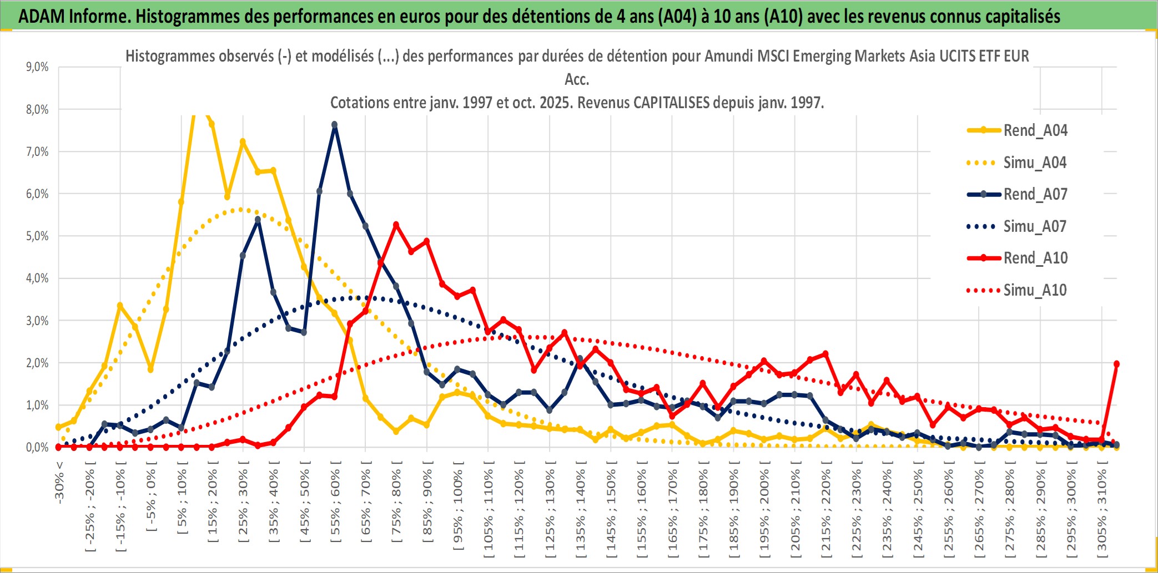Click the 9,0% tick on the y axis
[x=37, y=67]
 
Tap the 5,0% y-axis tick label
[x=37, y=236]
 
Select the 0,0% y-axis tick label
[x=37, y=447]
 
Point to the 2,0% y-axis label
[x=37, y=363]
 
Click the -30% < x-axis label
[x=59, y=482]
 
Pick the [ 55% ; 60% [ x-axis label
[x=335, y=505]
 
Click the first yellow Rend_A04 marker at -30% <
[x=58, y=427]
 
